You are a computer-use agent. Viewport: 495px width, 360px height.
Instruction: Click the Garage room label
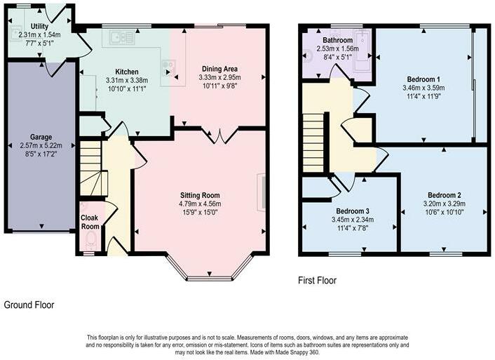[41, 137]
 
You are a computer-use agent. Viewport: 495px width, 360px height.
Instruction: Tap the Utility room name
[39, 27]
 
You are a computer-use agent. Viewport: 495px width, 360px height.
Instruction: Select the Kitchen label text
[127, 72]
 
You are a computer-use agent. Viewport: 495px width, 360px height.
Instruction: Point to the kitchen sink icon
[122, 37]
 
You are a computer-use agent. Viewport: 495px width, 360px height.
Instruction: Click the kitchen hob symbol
[168, 68]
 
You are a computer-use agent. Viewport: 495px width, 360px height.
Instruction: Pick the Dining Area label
[219, 69]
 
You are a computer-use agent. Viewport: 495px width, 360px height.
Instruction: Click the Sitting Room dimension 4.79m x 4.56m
[200, 204]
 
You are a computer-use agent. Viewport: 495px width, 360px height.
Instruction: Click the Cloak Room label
[90, 222]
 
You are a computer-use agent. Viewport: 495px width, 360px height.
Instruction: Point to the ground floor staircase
[93, 169]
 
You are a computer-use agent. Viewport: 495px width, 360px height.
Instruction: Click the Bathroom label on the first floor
[337, 41]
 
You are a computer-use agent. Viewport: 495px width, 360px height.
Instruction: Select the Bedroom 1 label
[423, 79]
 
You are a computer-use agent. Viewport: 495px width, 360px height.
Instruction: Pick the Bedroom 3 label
[353, 211]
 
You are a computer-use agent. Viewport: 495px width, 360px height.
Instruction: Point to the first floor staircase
[313, 143]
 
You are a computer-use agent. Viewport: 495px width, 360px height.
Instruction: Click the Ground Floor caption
[29, 305]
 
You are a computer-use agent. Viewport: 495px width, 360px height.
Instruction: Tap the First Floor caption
[318, 281]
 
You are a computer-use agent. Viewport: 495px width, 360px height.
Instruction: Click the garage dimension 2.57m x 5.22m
[41, 146]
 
